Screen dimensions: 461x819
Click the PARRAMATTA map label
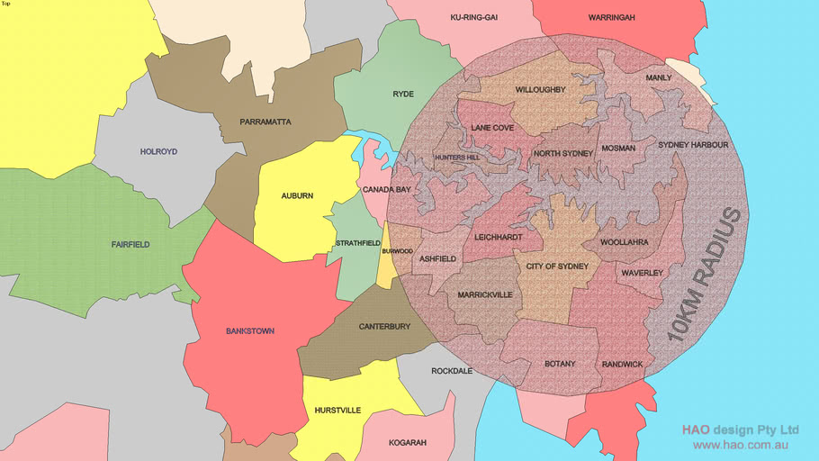pos(265,122)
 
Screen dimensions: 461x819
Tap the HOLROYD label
pos(159,152)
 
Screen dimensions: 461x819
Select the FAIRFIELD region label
pos(130,244)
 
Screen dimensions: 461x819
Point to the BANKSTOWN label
pos(250,331)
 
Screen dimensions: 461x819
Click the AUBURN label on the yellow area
pos(297,195)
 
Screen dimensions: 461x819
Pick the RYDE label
pos(403,94)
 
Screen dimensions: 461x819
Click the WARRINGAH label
pos(612,17)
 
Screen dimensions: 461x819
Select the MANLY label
pos(659,78)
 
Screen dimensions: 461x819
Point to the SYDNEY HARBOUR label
pos(693,144)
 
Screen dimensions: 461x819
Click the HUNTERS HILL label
pos(457,158)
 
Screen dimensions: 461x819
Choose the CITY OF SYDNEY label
pos(557,267)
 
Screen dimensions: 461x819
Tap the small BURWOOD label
pos(397,251)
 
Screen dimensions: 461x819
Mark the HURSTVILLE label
pos(337,411)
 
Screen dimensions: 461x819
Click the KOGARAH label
pos(408,443)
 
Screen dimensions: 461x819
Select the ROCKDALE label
pos(452,371)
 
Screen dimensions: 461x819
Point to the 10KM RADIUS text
pos(706,276)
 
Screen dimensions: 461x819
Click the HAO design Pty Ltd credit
pos(740,429)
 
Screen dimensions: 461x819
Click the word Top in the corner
pos(6,4)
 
